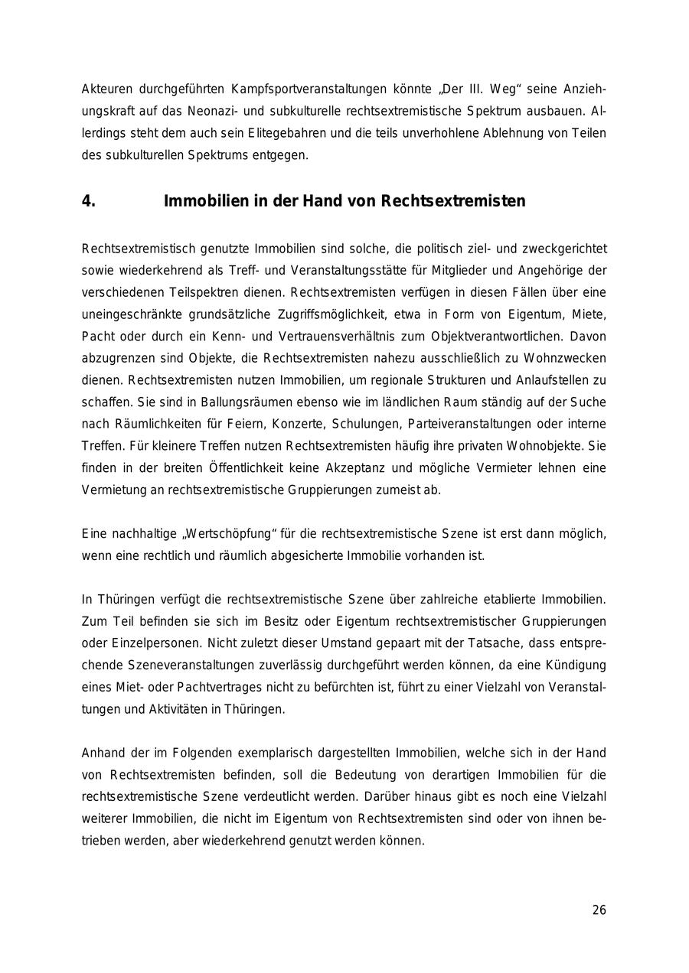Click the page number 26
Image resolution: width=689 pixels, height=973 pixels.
599,910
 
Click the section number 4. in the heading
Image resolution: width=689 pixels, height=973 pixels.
89,201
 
